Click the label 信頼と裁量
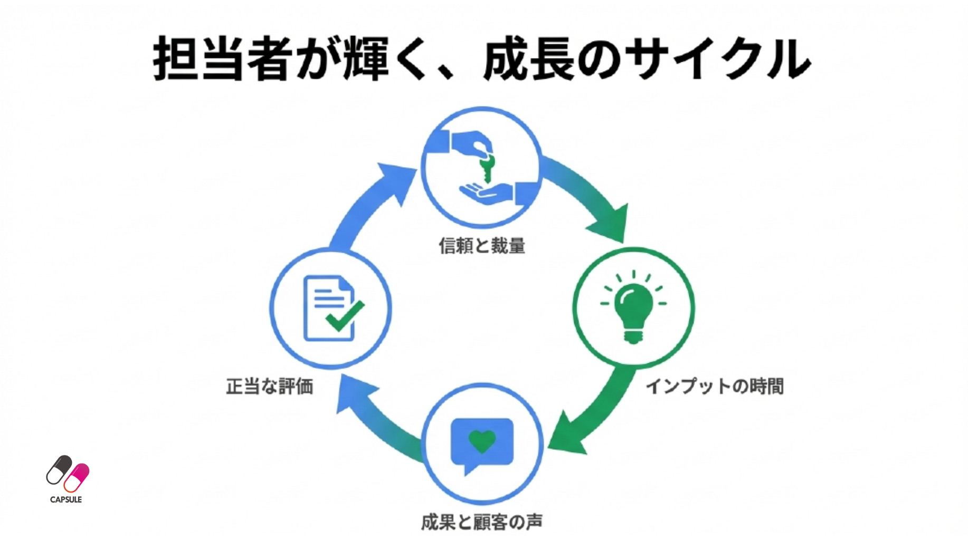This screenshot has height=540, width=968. [482, 246]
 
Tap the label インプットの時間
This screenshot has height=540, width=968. [715, 386]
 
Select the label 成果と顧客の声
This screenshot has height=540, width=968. [482, 522]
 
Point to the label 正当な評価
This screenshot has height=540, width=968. [270, 386]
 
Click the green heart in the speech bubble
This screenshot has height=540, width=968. [482, 440]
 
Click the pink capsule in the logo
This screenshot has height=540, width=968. [77, 477]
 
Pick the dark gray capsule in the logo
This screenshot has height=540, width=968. [59, 469]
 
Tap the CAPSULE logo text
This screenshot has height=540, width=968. [66, 499]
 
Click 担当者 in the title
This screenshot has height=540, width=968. [222, 59]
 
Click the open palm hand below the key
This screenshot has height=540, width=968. [486, 193]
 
